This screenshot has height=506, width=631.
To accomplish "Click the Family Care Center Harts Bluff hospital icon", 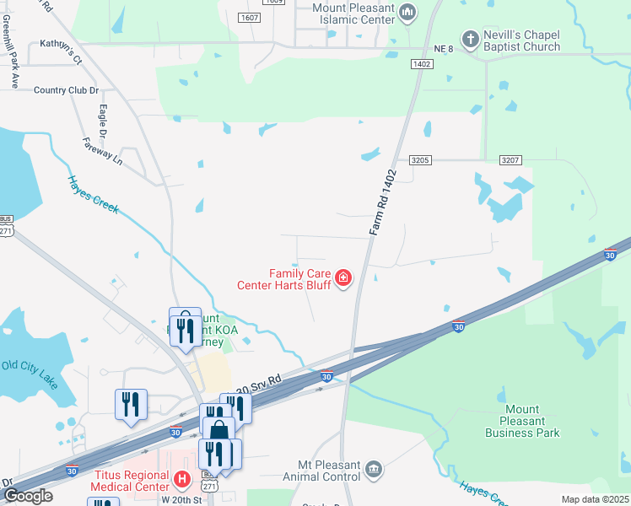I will pyautogui.click(x=343, y=277).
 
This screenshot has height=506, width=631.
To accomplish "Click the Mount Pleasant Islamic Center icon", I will pyautogui.click(x=408, y=12).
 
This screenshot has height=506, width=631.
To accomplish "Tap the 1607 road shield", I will pyautogui.click(x=249, y=17).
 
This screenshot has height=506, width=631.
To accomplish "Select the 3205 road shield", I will pyautogui.click(x=421, y=159).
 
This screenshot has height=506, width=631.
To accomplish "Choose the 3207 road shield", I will pyautogui.click(x=510, y=159).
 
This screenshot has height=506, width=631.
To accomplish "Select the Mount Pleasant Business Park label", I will pyautogui.click(x=522, y=421).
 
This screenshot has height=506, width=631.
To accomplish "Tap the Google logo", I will pyautogui.click(x=27, y=496).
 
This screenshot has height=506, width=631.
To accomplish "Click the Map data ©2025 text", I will pyautogui.click(x=594, y=499).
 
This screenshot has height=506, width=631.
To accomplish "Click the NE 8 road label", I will pyautogui.click(x=444, y=50).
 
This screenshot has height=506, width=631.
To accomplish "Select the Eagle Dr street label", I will pyautogui.click(x=102, y=121).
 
